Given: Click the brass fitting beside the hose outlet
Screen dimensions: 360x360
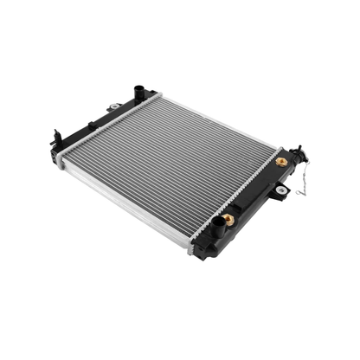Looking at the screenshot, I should coord(228,220).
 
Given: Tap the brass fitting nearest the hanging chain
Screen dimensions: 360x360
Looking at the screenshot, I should coord(281,162).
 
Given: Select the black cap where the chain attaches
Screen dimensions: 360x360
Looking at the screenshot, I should coord(299,154).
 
